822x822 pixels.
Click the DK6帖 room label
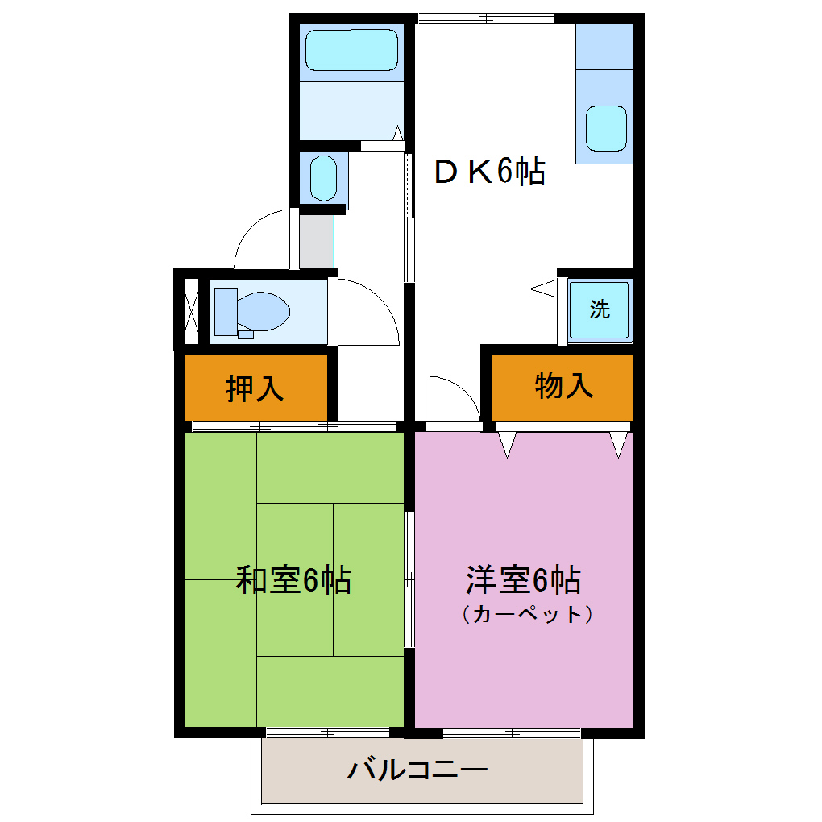489,172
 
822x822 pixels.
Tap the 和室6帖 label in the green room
293,579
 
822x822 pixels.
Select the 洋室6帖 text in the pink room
524,579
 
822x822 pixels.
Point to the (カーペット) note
528,614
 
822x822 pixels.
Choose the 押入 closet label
255,388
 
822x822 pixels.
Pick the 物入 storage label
564,387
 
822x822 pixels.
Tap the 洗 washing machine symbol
600,309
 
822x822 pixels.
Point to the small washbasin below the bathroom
323,178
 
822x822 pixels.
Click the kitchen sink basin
606,127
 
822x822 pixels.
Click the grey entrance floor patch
317,239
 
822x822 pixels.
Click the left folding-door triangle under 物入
507,444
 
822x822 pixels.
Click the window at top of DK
486,18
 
